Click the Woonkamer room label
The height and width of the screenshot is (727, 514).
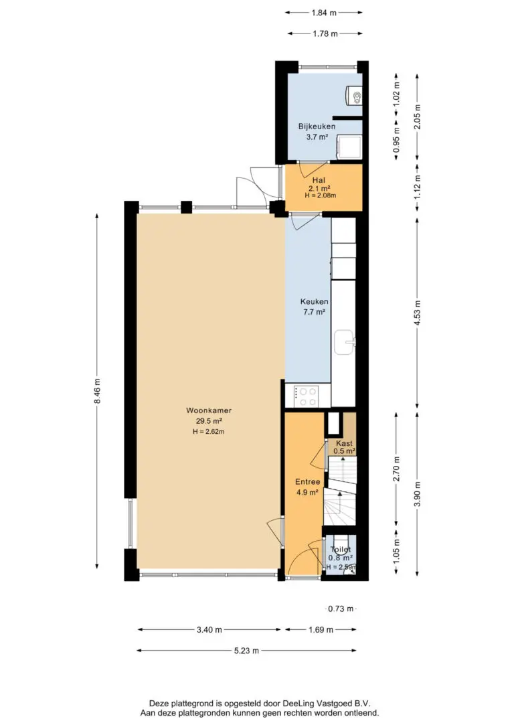pyautogui.click(x=209, y=410)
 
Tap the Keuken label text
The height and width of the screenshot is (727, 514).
pyautogui.click(x=314, y=301)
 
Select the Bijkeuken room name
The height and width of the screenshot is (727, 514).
pyautogui.click(x=317, y=126)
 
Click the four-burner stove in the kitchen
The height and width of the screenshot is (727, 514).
pyautogui.click(x=308, y=396)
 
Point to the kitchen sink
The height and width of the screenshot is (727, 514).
pyautogui.click(x=345, y=343)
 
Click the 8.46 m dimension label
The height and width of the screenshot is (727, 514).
pyautogui.click(x=97, y=392)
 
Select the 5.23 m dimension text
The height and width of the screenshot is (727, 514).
pyautogui.click(x=246, y=651)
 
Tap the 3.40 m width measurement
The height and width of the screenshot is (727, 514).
pyautogui.click(x=209, y=630)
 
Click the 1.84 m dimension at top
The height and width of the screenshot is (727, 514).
pyautogui.click(x=323, y=13)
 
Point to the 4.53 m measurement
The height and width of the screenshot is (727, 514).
pyautogui.click(x=418, y=313)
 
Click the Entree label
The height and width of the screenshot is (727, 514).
pyautogui.click(x=307, y=482)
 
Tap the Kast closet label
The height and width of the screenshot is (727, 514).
pyautogui.click(x=345, y=443)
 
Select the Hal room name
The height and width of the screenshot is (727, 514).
pyautogui.click(x=319, y=180)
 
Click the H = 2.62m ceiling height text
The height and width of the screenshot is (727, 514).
pyautogui.click(x=209, y=432)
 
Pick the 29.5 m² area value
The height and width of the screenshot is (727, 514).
pyautogui.click(x=209, y=421)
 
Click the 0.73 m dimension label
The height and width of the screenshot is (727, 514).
pyautogui.click(x=341, y=609)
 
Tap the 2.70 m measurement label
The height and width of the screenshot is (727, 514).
pyautogui.click(x=397, y=469)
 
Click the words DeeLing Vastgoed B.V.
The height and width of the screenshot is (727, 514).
pyautogui.click(x=325, y=704)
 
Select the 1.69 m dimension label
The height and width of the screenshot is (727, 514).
pyautogui.click(x=321, y=630)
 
